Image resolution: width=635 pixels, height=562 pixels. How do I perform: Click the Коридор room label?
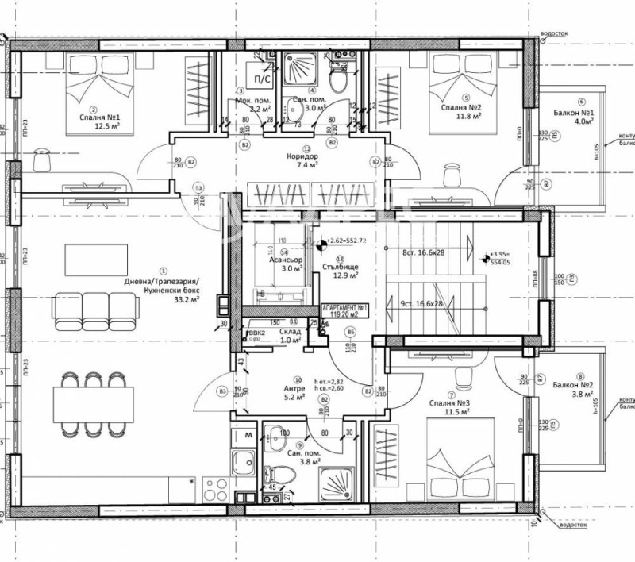point(302,157)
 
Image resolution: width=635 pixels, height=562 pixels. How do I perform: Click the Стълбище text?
point(344,268)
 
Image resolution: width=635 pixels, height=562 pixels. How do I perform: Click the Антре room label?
point(294,389)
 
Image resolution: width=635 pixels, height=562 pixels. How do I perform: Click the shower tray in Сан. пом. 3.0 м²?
point(301,71)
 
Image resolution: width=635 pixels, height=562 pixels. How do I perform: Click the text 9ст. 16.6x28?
point(422,302)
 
